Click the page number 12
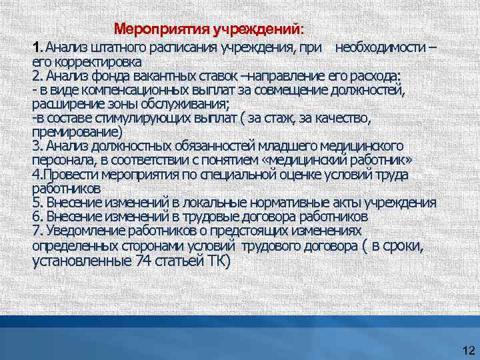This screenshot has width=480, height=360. point(467,351)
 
